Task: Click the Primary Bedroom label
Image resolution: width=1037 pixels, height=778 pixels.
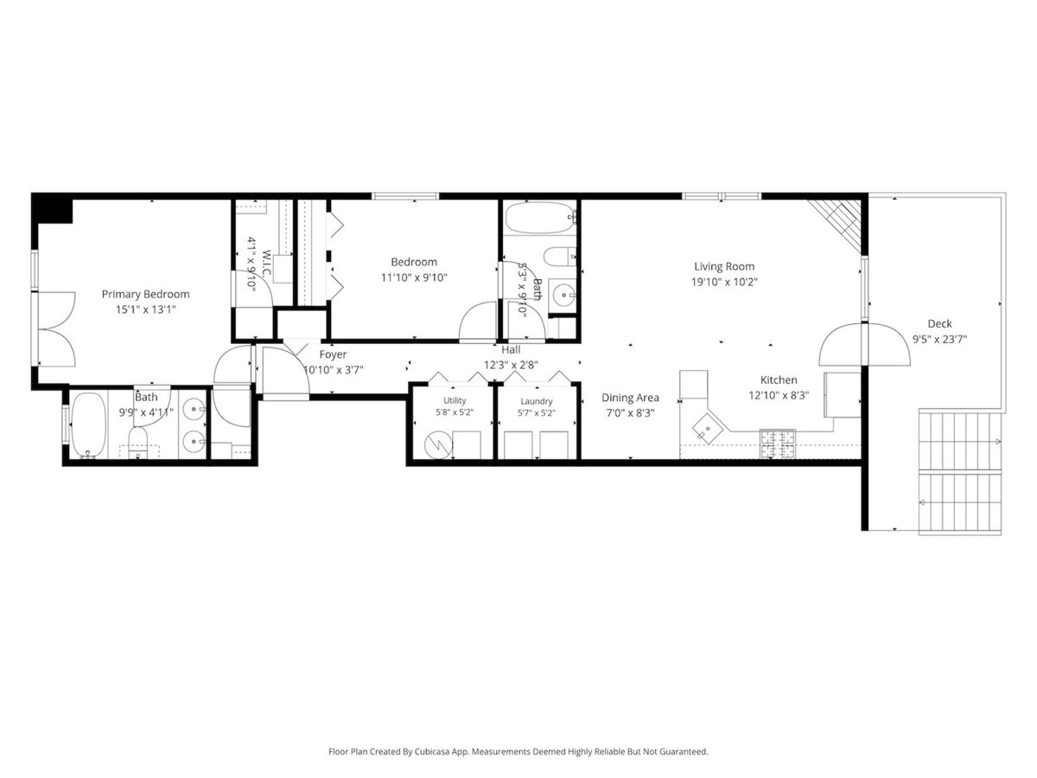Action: [145, 294]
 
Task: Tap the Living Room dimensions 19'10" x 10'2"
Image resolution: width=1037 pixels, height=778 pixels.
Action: [724, 282]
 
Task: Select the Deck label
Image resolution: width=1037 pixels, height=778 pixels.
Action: [939, 323]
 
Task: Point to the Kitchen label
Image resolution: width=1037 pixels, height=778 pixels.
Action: [779, 379]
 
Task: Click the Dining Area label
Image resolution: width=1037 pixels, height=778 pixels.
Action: [630, 398]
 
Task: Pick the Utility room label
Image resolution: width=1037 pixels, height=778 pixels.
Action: [455, 401]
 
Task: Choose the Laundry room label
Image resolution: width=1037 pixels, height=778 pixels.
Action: [537, 401]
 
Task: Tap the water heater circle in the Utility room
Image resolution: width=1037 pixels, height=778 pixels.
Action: [438, 445]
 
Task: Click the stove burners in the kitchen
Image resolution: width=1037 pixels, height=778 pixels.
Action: [777, 443]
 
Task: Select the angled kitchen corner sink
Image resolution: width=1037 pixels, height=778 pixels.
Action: [708, 429]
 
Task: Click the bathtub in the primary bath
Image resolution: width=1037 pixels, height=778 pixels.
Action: [88, 425]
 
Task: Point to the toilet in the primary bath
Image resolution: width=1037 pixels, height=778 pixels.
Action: [138, 442]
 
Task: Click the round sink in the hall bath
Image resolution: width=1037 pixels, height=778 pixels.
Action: [563, 296]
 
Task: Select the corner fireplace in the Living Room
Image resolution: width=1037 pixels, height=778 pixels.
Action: [836, 226]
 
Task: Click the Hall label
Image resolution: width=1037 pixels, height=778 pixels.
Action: [511, 349]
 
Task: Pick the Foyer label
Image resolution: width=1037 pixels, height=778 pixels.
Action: [333, 354]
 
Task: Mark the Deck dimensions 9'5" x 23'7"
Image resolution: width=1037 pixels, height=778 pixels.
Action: [939, 339]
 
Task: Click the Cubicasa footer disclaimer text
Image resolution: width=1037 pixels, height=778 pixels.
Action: [518, 751]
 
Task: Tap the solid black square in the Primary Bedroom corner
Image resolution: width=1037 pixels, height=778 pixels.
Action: [52, 207]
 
